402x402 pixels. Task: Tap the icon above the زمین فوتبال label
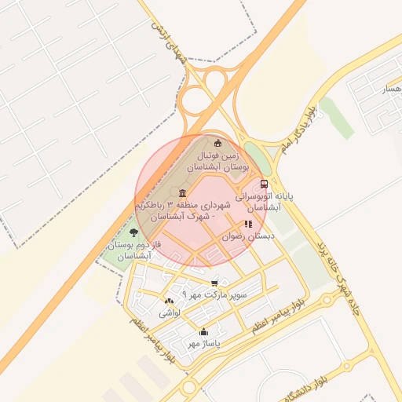click(218, 143)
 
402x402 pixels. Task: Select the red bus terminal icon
click(264, 184)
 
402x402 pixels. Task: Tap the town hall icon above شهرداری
click(183, 194)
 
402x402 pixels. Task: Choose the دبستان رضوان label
click(249, 235)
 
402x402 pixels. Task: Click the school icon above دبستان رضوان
click(249, 224)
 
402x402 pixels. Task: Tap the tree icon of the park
click(133, 232)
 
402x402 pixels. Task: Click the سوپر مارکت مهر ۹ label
click(214, 294)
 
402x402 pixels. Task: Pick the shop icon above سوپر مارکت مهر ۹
click(214, 283)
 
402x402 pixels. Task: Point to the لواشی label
click(170, 312)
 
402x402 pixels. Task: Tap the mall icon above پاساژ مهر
click(204, 332)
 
